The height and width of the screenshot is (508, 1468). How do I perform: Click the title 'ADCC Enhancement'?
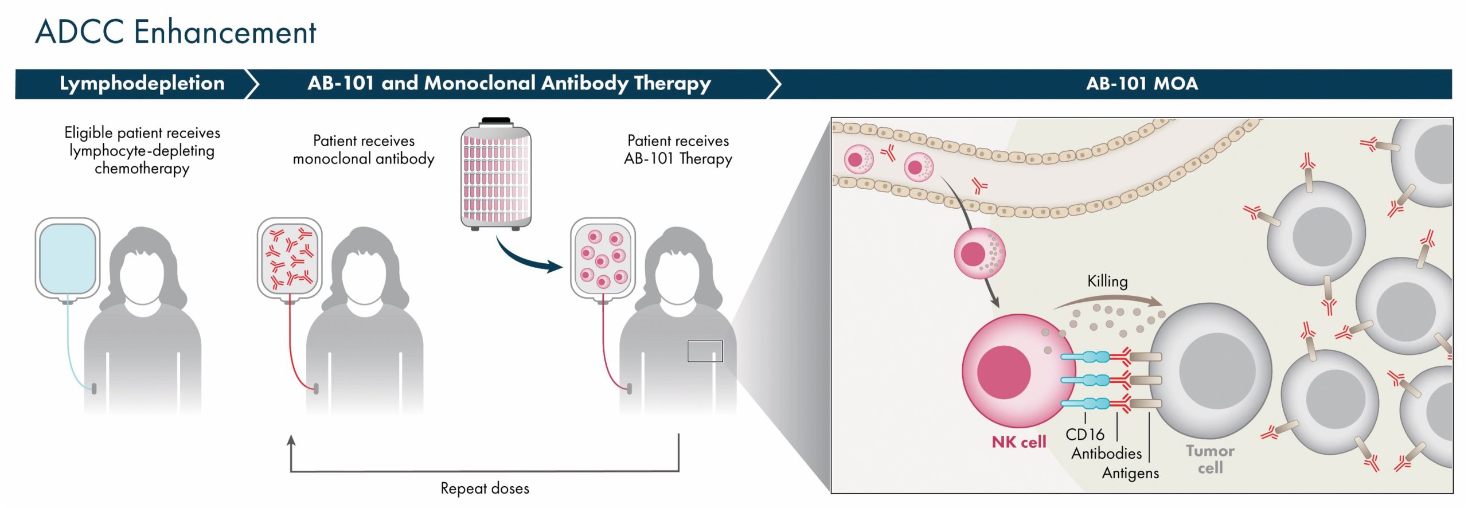[175, 32]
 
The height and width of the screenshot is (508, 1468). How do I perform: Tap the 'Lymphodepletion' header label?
[142, 84]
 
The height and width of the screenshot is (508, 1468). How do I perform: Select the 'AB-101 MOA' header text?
[1142, 84]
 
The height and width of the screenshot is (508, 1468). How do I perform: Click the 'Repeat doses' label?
[485, 489]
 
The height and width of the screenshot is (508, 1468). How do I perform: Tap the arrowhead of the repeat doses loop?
[291, 440]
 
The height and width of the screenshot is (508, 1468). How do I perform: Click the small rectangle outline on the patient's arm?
[705, 351]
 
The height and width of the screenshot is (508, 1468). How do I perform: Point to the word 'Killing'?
[1107, 282]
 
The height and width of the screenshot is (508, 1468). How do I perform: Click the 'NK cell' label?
[1019, 442]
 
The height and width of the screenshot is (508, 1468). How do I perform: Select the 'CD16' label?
[1084, 435]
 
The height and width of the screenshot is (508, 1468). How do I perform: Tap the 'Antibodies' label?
[1107, 454]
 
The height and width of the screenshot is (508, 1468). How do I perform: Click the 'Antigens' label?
[1130, 473]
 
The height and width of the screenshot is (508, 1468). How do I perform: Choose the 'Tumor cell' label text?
[1210, 459]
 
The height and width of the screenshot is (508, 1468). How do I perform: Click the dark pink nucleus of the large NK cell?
[1004, 372]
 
